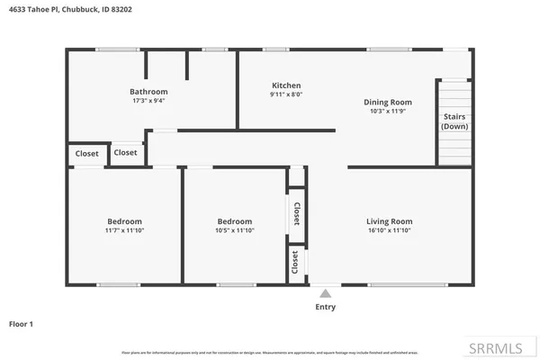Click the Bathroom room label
[x=148, y=91]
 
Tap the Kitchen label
[x=286, y=85]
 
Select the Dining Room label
[x=387, y=102]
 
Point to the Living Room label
[x=389, y=221]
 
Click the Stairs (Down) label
[x=454, y=121]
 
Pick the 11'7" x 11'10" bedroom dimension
[x=125, y=230]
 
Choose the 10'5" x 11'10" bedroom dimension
[x=235, y=230]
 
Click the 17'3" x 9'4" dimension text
[x=148, y=101]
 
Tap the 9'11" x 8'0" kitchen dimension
[x=286, y=94]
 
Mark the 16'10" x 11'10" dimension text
[x=389, y=230]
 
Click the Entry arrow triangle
[x=325, y=292]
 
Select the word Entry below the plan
[x=325, y=307]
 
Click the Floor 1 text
[x=22, y=322]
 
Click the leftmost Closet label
[x=87, y=154]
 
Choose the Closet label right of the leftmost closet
[x=126, y=152]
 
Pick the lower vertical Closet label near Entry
[x=294, y=262]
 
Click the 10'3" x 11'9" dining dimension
[x=387, y=111]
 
